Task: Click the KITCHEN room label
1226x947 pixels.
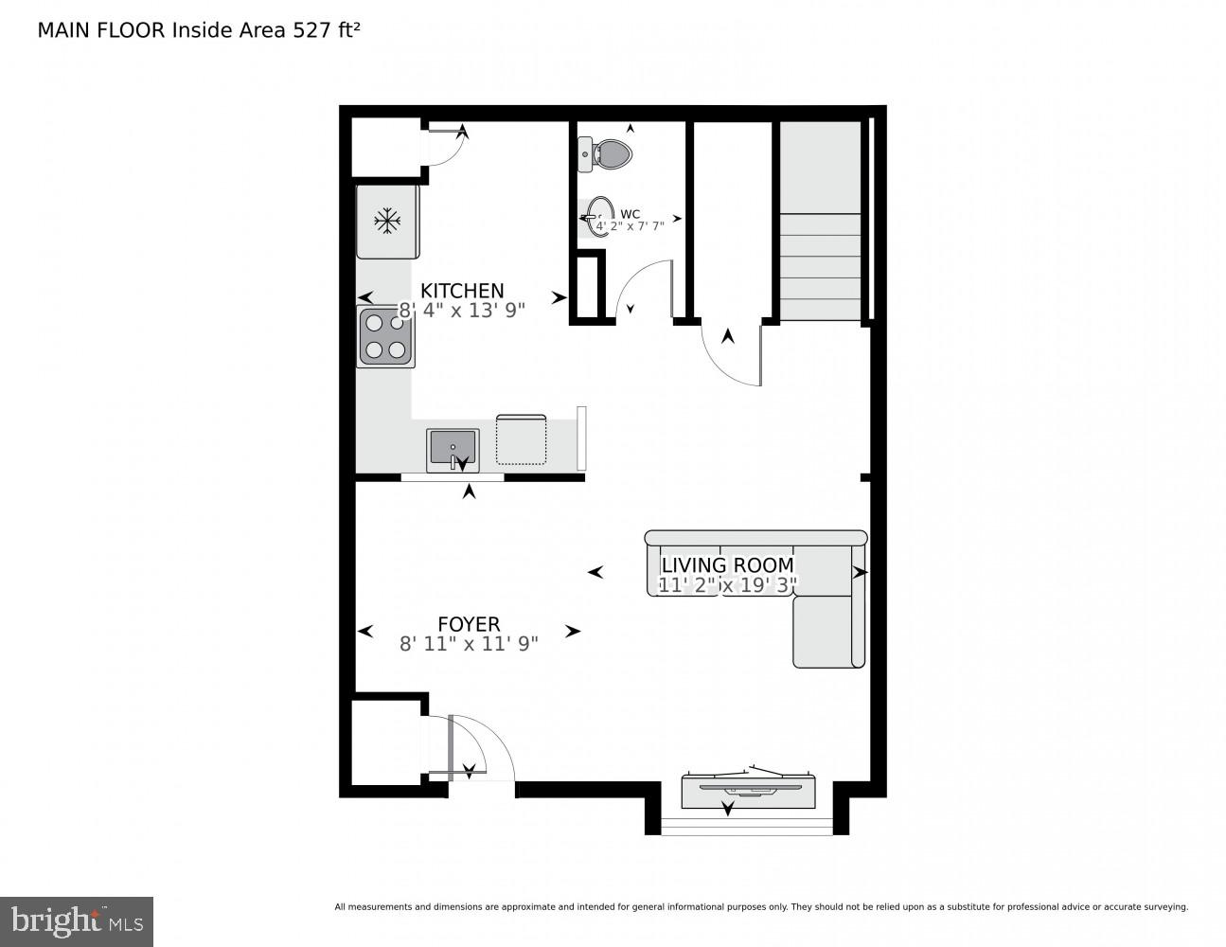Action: click(462, 291)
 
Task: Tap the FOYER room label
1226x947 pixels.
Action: click(469, 624)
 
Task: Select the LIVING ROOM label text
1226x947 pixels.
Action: click(727, 565)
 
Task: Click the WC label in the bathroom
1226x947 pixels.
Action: click(631, 213)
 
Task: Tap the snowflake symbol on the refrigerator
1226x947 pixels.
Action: click(386, 223)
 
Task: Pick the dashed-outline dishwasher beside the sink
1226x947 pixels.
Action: click(521, 440)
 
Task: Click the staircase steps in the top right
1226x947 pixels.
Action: click(820, 265)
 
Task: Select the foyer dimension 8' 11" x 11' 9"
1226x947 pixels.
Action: click(469, 644)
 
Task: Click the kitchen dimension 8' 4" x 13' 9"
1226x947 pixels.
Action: click(462, 310)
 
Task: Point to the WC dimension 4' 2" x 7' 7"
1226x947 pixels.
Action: click(631, 225)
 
